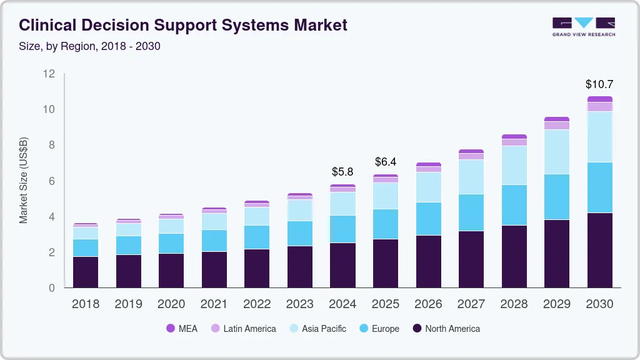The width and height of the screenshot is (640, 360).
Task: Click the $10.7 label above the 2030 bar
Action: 599,84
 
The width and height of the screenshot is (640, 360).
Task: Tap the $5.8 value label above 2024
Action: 342,171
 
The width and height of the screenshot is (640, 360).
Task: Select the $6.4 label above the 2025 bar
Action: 386,162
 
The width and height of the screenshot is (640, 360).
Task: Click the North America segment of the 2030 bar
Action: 599,250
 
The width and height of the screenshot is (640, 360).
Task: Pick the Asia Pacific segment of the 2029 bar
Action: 556,152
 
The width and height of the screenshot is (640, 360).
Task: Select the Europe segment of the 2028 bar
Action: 514,205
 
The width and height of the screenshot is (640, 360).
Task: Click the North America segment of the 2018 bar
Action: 86,272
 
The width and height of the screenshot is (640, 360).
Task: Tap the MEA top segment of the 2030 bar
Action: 599,99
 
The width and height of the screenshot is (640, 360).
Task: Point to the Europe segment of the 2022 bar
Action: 257,237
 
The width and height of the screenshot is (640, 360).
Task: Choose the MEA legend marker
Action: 171,328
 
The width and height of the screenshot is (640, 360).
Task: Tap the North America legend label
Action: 452,328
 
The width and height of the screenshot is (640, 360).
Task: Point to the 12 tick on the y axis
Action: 49,74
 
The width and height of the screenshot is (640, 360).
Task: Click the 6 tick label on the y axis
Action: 52,181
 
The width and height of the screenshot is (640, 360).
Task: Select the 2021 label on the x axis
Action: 214,304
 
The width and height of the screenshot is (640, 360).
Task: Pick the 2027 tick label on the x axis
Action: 471,304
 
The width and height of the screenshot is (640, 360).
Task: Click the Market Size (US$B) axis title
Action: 24,180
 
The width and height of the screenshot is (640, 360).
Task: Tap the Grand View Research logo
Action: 583,27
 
